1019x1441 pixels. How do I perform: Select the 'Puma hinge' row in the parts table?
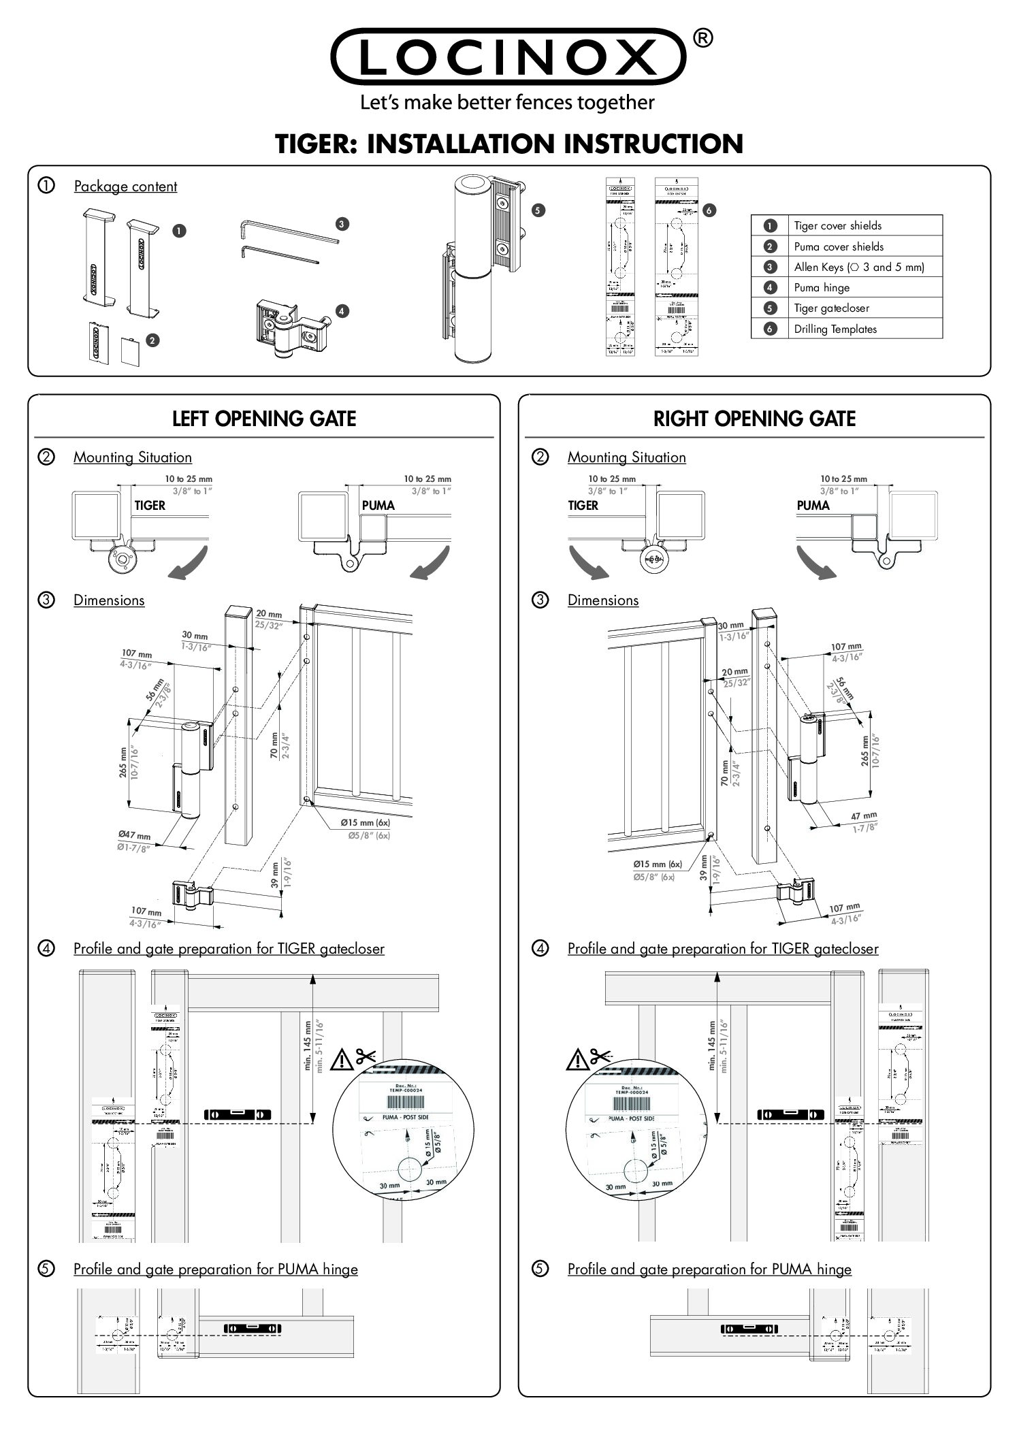point(847,287)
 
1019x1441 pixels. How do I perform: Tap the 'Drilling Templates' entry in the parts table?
point(847,329)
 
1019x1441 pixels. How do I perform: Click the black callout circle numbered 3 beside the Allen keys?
point(342,223)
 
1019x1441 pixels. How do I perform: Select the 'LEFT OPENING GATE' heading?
point(264,418)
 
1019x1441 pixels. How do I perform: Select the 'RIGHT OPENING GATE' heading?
point(754,418)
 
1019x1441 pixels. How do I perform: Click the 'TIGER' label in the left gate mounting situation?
point(150,505)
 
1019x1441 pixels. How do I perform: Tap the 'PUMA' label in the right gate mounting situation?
point(813,505)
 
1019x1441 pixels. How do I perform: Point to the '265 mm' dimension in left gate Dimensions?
point(124,761)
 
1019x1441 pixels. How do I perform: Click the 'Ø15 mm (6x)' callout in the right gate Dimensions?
point(657,864)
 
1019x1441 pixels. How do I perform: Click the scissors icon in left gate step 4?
point(366,1056)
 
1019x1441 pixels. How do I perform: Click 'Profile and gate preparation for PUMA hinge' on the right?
point(709,1269)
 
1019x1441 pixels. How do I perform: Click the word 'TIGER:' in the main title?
point(316,144)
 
